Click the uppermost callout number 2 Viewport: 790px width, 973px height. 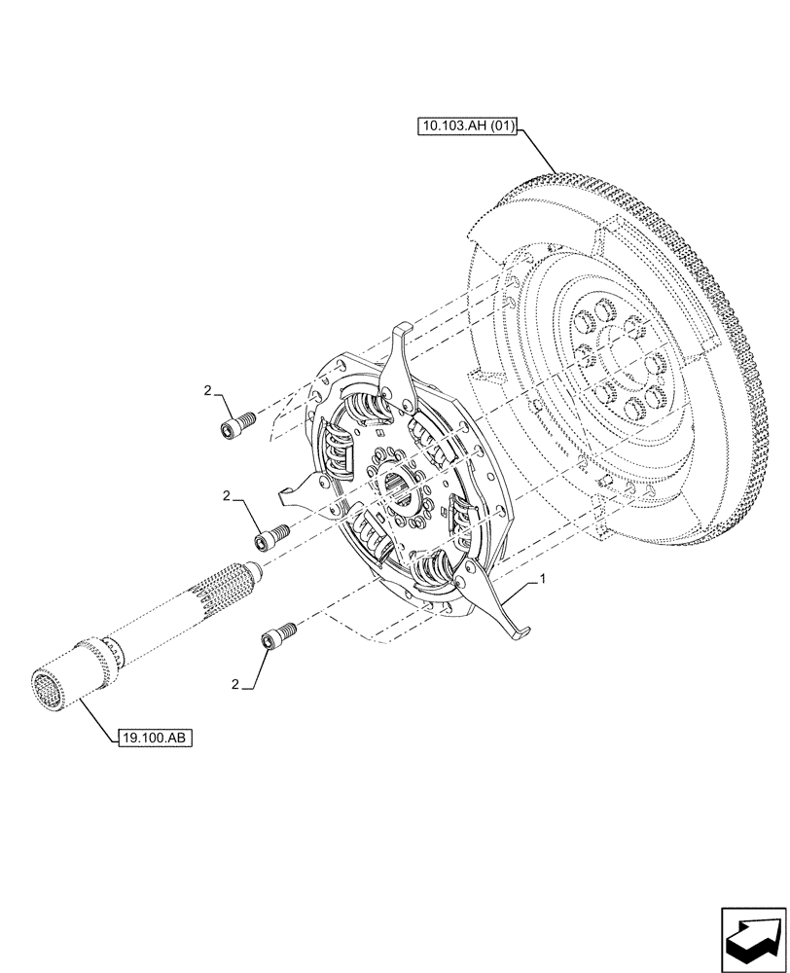tap(207, 390)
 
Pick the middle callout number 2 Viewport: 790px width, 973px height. tap(226, 496)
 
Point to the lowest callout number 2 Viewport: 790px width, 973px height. tap(234, 684)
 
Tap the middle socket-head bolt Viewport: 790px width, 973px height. tap(273, 534)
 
